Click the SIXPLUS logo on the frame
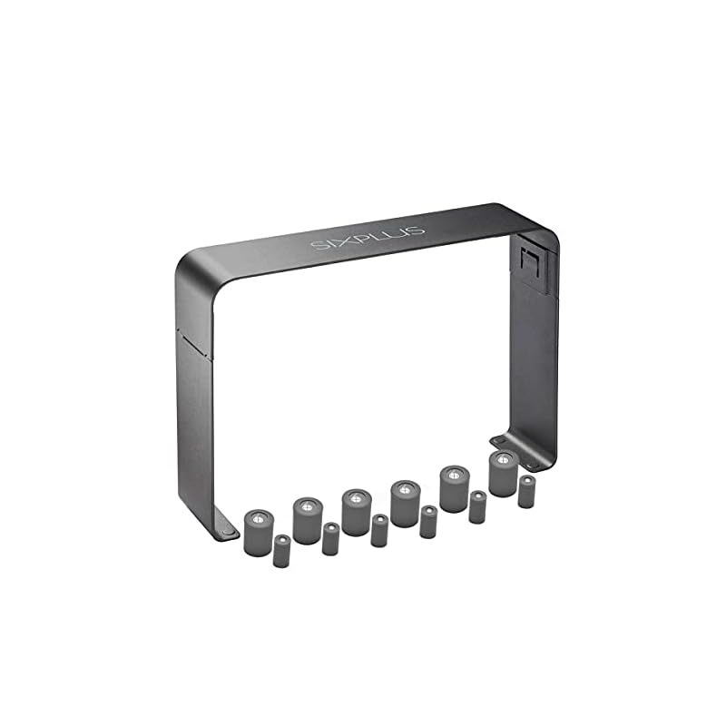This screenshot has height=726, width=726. click(x=368, y=238)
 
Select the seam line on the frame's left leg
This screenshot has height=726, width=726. click(x=194, y=344)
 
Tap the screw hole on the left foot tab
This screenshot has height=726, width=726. click(x=228, y=532)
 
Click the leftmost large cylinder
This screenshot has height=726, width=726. click(x=259, y=532)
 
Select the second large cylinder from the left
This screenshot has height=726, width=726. click(x=308, y=520)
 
